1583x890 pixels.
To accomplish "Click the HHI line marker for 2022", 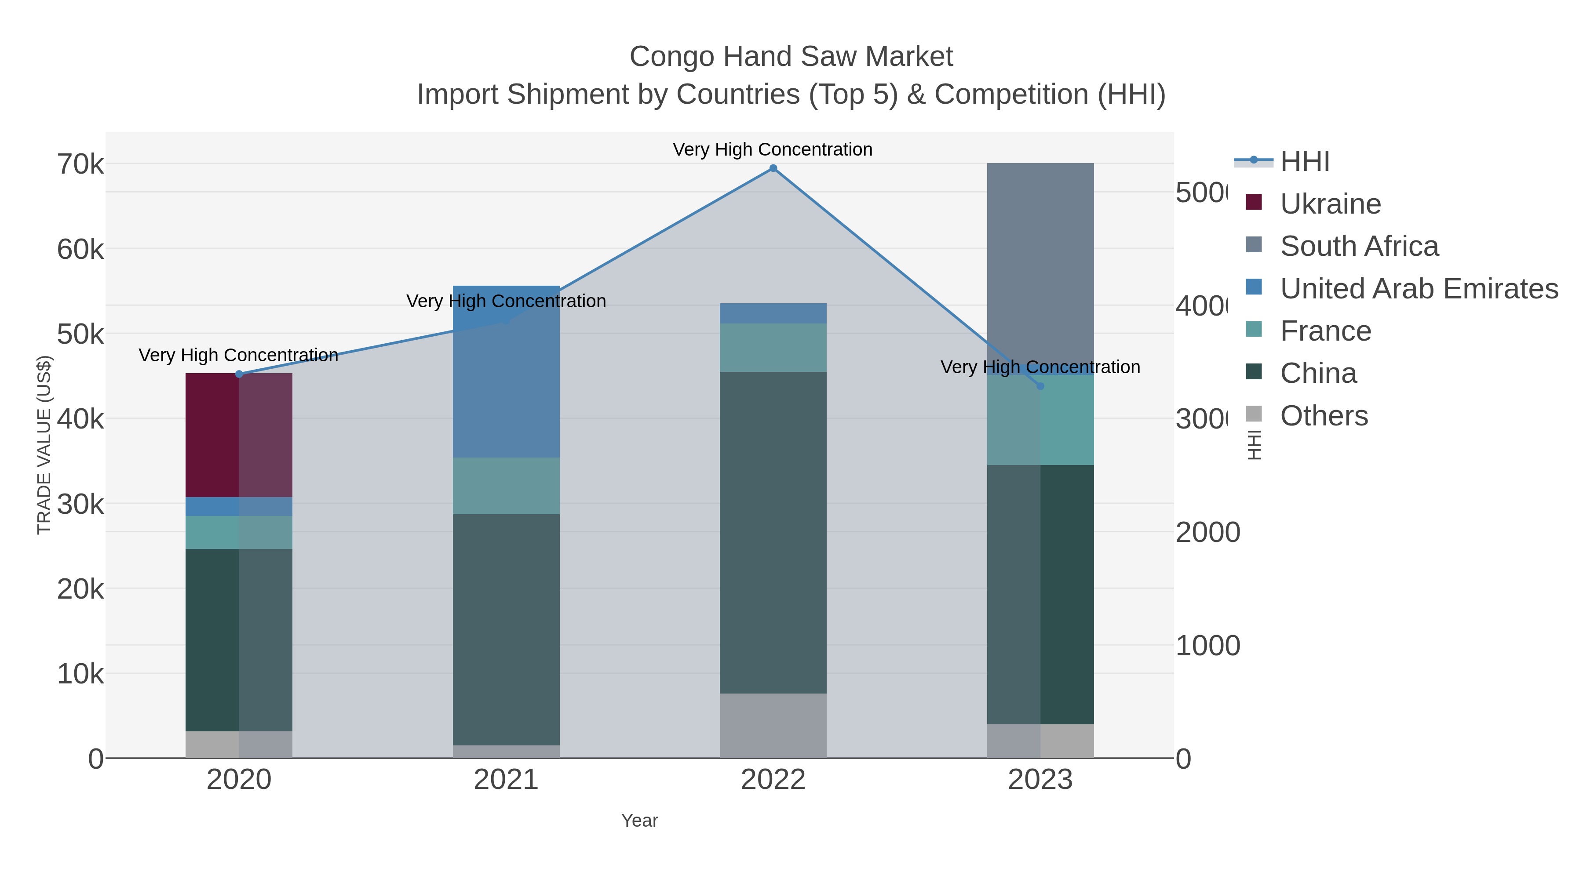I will pos(773,168).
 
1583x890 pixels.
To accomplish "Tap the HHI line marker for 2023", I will pos(1040,386).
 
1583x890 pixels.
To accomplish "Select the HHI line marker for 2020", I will pos(239,374).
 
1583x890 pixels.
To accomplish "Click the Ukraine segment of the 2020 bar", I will pos(239,435).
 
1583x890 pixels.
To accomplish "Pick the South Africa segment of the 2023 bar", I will pos(1040,264).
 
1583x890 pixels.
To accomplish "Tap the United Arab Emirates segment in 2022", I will pos(773,313).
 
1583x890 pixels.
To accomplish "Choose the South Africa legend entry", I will pos(1359,246).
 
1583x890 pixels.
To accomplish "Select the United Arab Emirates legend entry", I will pos(1418,289).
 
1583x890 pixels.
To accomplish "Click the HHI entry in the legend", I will pos(1305,162).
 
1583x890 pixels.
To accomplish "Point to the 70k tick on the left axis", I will pos(80,165).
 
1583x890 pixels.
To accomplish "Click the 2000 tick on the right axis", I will pos(1207,533).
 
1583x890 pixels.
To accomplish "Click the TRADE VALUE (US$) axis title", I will pos(44,445).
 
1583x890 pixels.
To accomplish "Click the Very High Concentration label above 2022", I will pos(773,149).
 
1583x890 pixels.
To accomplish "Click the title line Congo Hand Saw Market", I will pos(791,57).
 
